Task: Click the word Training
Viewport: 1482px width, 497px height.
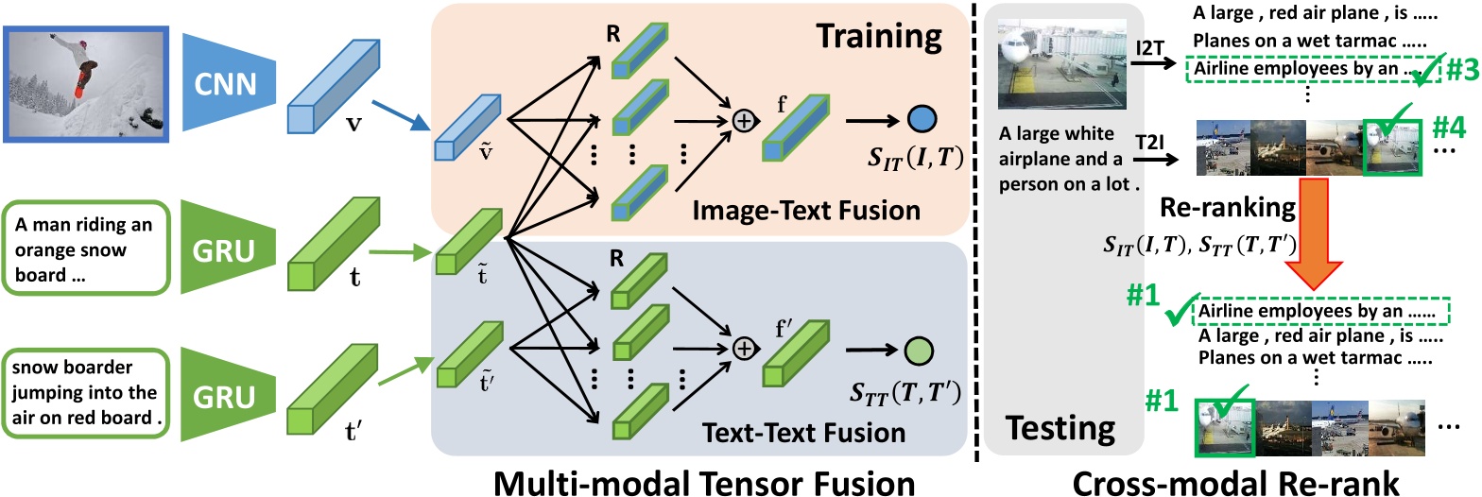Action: [881, 37]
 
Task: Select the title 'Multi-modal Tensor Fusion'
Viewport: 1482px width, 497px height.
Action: [703, 481]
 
